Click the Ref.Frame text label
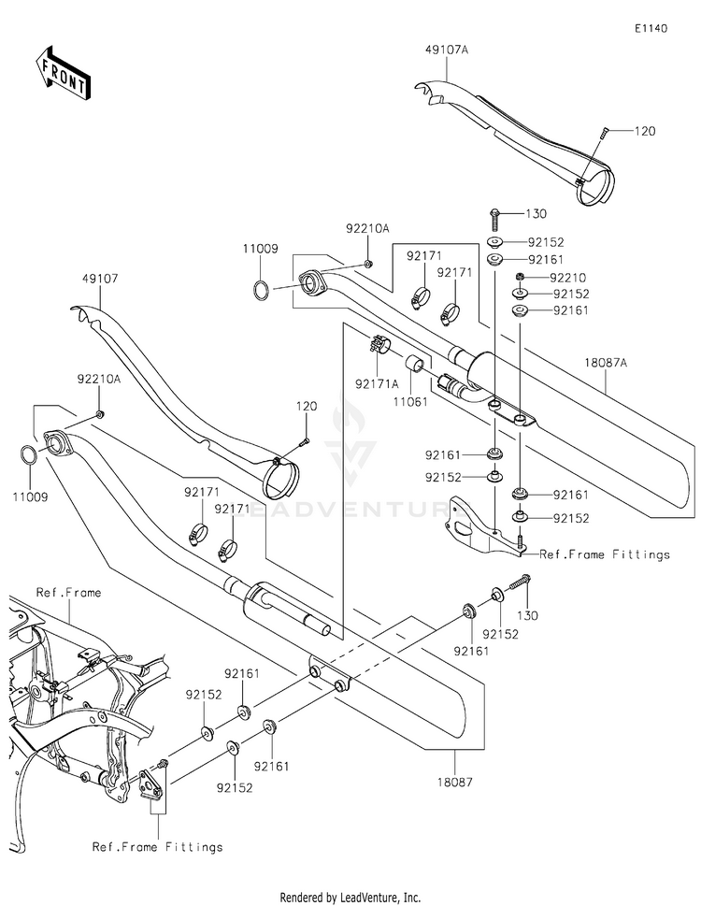coord(69,593)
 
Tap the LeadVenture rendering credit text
coord(350,897)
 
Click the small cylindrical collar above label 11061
coord(415,364)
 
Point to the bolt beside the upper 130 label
coord(494,221)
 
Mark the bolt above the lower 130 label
coord(520,585)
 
